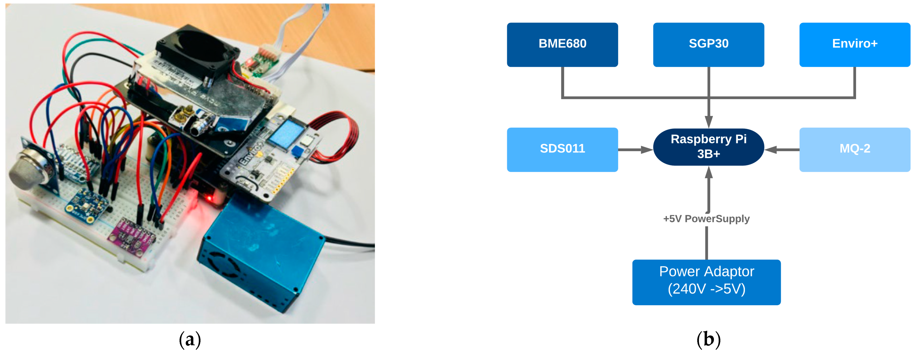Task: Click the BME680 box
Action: [562, 44]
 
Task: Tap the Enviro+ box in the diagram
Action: [854, 44]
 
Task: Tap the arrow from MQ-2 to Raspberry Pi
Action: [782, 150]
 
